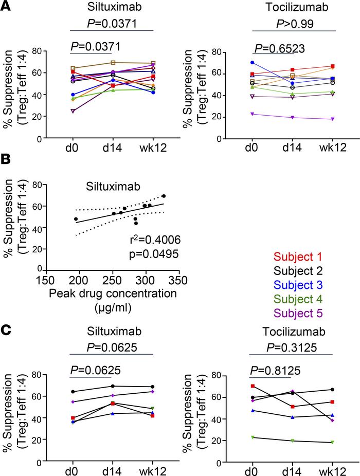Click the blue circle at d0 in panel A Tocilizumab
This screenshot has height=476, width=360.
click(253, 63)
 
